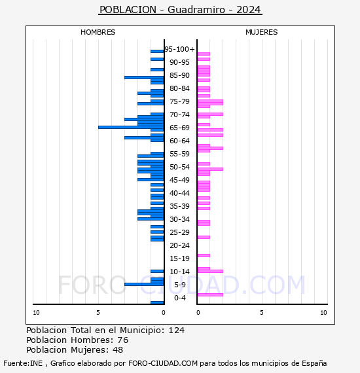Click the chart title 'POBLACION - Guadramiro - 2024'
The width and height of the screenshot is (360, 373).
pos(181,10)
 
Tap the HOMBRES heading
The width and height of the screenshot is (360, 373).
pos(98,32)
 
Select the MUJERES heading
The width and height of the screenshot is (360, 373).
pos(262,32)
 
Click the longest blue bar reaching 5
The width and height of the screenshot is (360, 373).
pos(131,127)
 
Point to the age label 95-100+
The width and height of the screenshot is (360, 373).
pos(179,49)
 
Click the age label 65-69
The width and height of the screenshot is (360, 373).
pos(179,128)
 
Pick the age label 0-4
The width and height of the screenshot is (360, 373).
pos(179,298)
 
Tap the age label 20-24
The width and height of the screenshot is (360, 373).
pos(179,245)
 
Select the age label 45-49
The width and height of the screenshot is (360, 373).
pos(179,180)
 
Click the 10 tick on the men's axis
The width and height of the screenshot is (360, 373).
pos(36,313)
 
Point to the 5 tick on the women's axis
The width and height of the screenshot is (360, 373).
pos(262,313)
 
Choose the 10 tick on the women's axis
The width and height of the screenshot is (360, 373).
pos(323,313)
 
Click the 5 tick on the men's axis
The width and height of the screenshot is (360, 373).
pos(98,313)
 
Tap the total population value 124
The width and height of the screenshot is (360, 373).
pos(176,330)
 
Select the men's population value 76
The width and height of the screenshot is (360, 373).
pos(123,340)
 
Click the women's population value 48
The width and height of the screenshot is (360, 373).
pos(118,350)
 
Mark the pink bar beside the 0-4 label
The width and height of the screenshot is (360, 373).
pos(210,295)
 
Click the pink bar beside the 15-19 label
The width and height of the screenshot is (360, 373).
pos(204,256)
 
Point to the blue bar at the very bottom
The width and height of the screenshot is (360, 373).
pos(157,302)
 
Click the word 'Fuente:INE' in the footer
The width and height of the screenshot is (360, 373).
pos(23,363)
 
